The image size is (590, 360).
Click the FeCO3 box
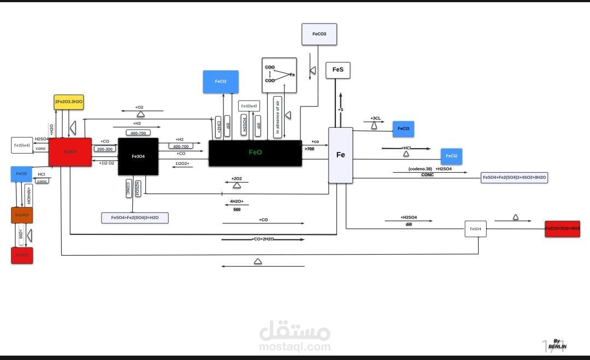319,34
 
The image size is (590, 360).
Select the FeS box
338,70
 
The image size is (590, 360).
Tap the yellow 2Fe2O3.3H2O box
69,102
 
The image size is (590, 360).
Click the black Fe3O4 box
138,156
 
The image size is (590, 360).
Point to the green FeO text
255,152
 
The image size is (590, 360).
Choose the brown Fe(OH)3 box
22,215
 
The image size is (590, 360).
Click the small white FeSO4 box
475,229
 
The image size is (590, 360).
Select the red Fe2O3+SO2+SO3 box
562,228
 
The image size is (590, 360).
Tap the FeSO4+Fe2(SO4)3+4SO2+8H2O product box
514,178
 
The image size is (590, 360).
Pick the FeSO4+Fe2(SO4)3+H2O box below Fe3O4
135,217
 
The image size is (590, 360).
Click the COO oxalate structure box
279,75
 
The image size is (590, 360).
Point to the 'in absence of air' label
278,117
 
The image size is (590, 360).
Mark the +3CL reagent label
375,118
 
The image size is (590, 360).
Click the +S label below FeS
340,110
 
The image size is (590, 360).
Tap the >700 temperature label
310,149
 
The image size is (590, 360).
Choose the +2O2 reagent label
237,179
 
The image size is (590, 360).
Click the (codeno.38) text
420,169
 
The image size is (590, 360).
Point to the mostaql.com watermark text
295,346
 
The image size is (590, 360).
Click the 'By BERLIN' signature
557,344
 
